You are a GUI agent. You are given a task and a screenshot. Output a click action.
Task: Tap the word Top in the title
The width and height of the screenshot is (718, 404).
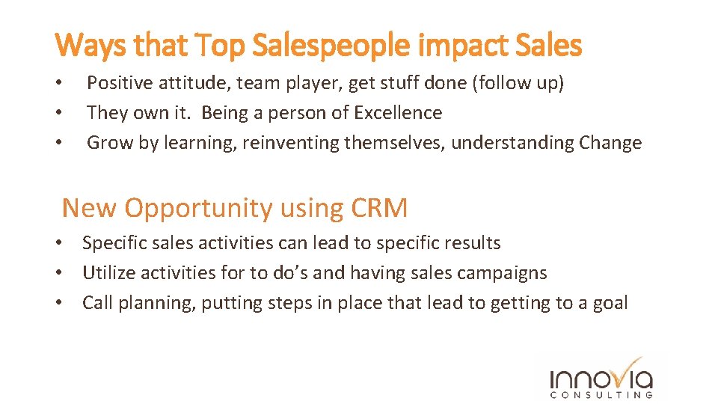pos(222,46)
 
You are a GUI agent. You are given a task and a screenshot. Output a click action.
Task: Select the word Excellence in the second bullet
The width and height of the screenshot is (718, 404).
pos(398,113)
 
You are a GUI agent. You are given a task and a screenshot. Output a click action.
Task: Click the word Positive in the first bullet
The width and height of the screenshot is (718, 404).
pos(119,83)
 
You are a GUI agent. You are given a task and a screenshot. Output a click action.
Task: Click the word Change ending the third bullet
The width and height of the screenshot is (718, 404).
pos(610,143)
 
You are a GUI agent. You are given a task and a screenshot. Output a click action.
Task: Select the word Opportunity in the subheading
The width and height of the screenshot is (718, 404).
pos(199,208)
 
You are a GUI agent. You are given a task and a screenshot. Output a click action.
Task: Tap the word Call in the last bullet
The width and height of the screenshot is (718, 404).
pos(97,303)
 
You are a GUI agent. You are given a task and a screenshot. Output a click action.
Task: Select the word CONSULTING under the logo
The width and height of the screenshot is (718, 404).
pos(601,394)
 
